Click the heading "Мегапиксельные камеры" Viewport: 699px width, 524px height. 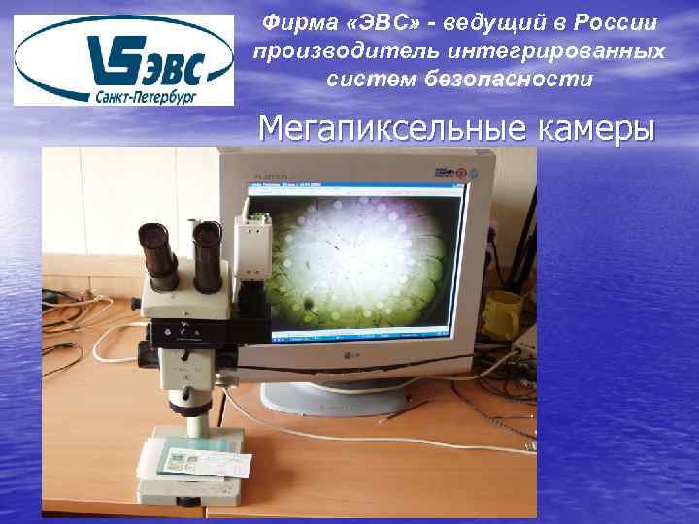[454, 128]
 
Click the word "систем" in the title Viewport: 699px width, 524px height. [372, 79]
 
